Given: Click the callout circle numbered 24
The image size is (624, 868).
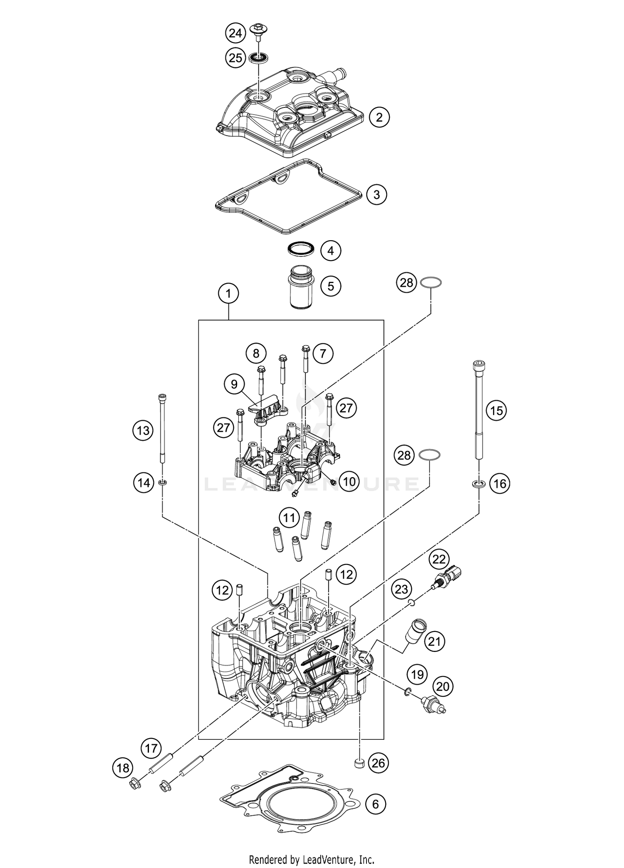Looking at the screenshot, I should (x=235, y=33).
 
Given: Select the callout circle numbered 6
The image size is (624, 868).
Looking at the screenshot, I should (x=376, y=804).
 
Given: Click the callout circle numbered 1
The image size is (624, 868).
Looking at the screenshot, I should (x=228, y=293).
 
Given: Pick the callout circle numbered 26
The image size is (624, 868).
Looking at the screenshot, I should (x=378, y=763).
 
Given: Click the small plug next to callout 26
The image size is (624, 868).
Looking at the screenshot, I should (x=359, y=763).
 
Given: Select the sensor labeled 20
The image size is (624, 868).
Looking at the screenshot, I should (x=433, y=704).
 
